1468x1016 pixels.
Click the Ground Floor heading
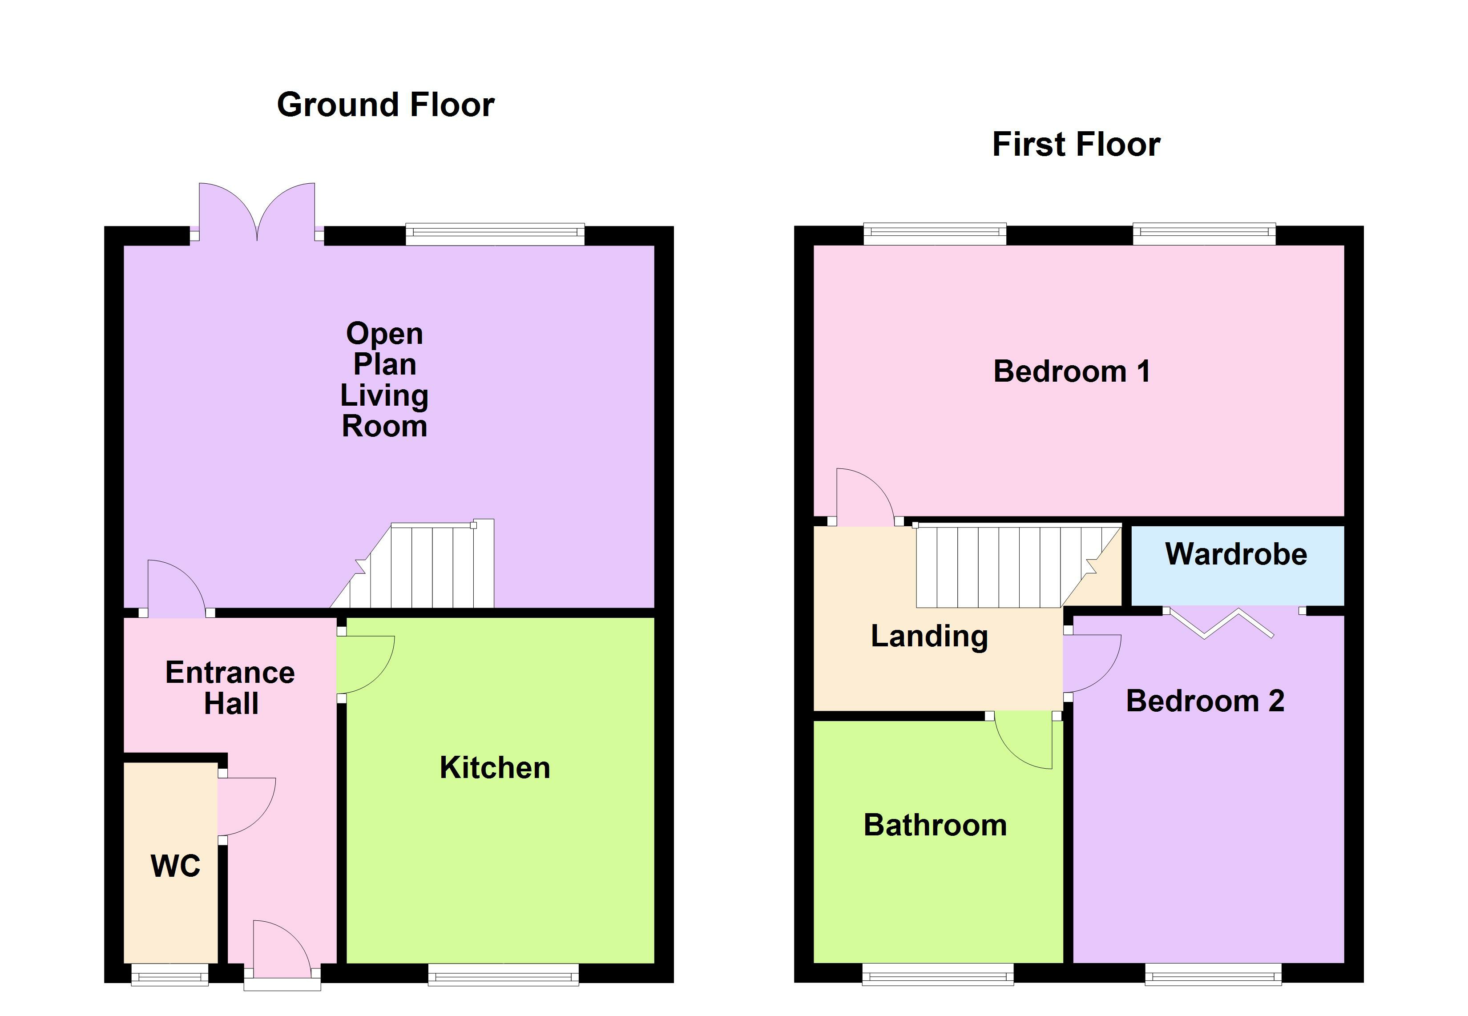pyautogui.click(x=385, y=105)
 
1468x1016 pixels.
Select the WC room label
pyautogui.click(x=175, y=866)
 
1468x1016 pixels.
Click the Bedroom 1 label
pyautogui.click(x=1071, y=371)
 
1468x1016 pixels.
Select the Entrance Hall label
pyautogui.click(x=230, y=688)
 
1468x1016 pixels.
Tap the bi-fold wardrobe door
pyautogui.click(x=1222, y=623)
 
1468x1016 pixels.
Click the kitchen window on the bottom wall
pyautogui.click(x=503, y=974)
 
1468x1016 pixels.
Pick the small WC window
pyautogui.click(x=169, y=974)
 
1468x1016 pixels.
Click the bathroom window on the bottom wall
pyautogui.click(x=937, y=974)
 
